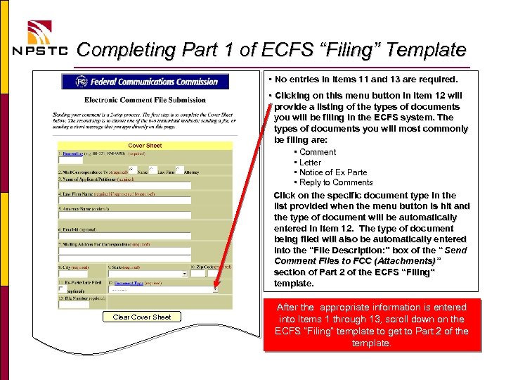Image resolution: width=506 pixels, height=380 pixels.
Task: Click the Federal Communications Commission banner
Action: pos(141,82)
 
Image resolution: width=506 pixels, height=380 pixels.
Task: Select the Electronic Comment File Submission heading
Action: pos(145,100)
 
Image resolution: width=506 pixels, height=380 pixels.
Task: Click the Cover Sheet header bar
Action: pos(145,146)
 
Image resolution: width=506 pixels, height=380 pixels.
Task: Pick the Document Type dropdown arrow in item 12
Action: pos(214,289)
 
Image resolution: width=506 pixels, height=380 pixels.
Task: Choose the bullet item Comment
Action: pos(318,152)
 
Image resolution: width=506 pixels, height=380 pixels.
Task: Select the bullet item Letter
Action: pos(310,163)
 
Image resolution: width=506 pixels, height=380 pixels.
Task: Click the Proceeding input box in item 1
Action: pos(70,160)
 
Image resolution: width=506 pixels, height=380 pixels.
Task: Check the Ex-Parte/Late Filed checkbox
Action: pos(61,289)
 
